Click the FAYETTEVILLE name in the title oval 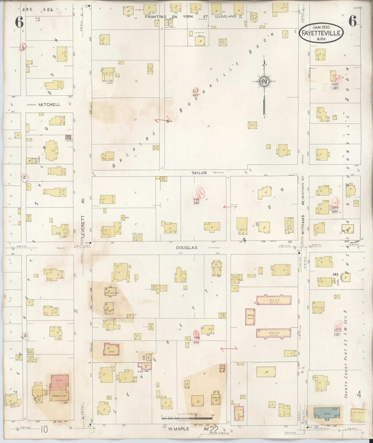(x=321, y=33)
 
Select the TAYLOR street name (x=199, y=173)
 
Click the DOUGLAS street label (x=187, y=247)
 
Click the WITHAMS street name (x=303, y=225)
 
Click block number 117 (x=195, y=91)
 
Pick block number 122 (x=337, y=330)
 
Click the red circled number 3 (x=25, y=336)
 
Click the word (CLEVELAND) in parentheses (x=226, y=16)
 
